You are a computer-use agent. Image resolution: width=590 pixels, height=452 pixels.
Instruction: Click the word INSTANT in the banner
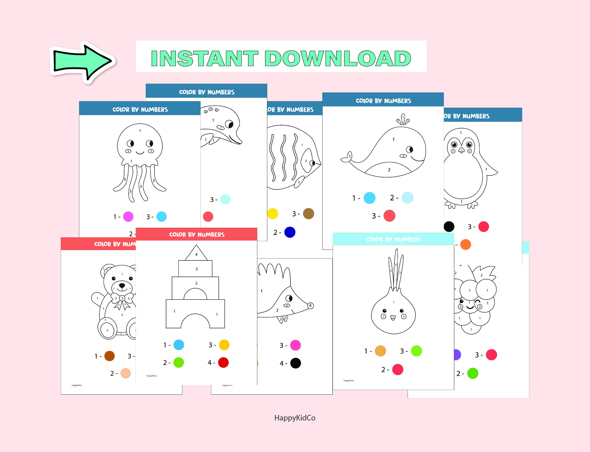205,58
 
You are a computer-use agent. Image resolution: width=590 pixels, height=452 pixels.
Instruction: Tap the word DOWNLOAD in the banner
338,58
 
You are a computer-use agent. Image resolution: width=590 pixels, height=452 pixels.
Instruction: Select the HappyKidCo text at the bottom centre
295,418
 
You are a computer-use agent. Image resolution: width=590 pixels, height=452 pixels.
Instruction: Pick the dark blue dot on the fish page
290,232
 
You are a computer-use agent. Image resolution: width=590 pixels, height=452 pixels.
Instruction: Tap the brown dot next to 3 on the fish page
308,214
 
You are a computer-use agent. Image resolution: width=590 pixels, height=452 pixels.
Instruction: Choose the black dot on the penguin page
449,227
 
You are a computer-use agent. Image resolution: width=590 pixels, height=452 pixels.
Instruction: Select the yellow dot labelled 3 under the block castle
224,345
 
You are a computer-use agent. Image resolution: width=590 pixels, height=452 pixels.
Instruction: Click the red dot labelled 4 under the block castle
223,363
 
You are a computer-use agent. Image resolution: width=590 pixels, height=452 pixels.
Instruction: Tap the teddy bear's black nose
122,285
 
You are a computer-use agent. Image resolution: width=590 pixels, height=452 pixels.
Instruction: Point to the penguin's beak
462,150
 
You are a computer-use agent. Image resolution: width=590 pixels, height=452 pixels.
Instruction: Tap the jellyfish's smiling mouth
140,153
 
